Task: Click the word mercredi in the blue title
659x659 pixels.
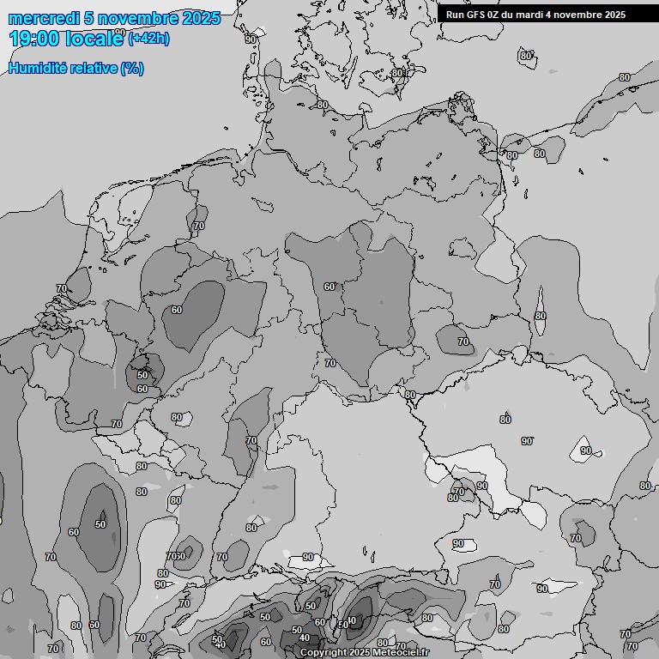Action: pos(43,18)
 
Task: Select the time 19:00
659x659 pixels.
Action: pos(34,39)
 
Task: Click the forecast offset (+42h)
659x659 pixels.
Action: pos(148,39)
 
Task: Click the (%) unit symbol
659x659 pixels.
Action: pos(132,69)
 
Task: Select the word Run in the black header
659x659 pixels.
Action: pos(455,15)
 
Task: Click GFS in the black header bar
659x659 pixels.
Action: pos(475,15)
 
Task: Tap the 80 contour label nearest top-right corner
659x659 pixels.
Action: pos(624,77)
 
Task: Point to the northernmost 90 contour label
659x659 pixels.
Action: pos(251,39)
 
